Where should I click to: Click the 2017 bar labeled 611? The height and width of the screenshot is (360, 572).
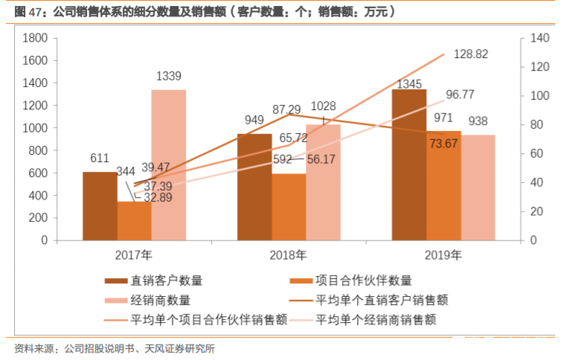[100, 206]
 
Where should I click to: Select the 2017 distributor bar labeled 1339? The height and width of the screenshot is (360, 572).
[168, 165]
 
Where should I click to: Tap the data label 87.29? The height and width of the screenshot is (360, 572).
[287, 109]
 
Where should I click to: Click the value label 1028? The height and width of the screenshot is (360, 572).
[324, 107]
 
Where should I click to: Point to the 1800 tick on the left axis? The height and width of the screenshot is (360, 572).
[36, 38]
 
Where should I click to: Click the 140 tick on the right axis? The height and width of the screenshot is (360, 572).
[538, 38]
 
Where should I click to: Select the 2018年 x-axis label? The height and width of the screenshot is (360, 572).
[289, 255]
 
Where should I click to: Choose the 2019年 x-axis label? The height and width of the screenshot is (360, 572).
[443, 255]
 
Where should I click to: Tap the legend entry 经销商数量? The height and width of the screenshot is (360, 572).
[160, 300]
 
